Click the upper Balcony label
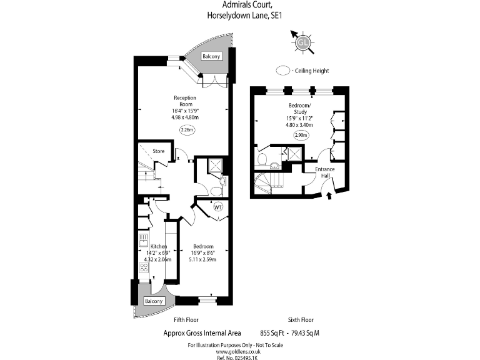click(x=211, y=56)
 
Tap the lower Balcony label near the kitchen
click(x=154, y=301)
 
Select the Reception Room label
click(x=185, y=101)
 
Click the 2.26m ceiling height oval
click(x=187, y=130)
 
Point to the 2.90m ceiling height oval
click(x=301, y=135)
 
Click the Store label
click(x=159, y=151)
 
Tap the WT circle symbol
click(x=218, y=207)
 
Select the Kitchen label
click(x=159, y=246)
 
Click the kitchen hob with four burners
click(x=144, y=268)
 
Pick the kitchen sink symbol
click(x=143, y=240)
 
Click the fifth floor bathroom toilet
click(x=217, y=191)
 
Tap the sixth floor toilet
click(x=262, y=159)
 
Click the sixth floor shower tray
click(x=295, y=154)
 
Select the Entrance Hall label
click(x=325, y=172)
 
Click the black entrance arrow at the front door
click(x=329, y=196)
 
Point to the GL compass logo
click(x=302, y=42)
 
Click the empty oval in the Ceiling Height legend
click(x=283, y=71)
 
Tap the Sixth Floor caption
click(x=301, y=320)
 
